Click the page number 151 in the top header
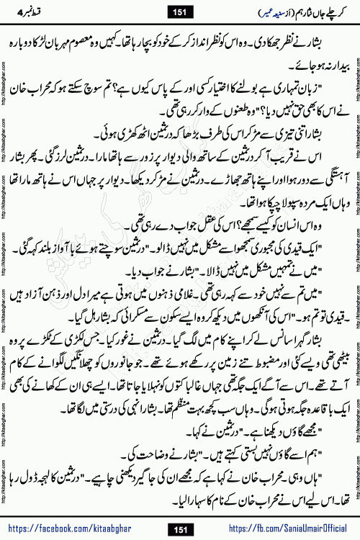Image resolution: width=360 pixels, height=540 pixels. click(x=179, y=12)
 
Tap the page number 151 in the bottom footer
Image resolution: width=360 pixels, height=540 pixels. click(x=179, y=531)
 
